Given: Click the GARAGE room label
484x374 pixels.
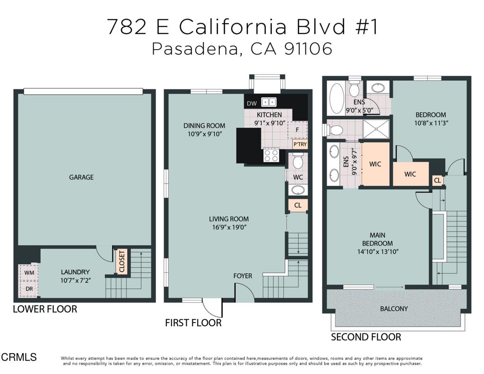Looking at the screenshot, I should pos(81,177).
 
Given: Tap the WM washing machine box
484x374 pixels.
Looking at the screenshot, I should pos(28,273).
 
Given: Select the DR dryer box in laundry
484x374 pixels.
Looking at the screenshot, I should pos(28,288).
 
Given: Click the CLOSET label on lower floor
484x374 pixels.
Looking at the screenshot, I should pos(122,261).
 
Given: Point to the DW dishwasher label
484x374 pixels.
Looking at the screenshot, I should pos(251,103).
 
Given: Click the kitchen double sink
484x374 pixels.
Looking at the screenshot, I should pos(269,102).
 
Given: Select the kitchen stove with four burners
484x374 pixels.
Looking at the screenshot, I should pos(271,155).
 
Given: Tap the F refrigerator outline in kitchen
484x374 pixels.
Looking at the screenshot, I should pos(297,129).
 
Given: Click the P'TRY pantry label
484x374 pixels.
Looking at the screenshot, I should pos(299,144).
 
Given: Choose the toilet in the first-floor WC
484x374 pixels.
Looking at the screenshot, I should pos(298,162).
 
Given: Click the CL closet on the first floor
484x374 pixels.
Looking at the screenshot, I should pos(298,205).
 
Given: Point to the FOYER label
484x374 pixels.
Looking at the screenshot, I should pos(242,276).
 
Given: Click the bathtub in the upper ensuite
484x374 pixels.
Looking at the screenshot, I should pos(336,98).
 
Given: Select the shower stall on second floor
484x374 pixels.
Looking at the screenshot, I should pos(376,129).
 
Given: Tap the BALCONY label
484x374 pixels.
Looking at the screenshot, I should pos(394,309).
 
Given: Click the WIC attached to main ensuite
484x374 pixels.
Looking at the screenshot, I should pos(375,164).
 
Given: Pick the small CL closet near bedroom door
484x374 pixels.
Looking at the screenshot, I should pos(437,180).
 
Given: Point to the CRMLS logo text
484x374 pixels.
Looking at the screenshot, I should pos(19,357).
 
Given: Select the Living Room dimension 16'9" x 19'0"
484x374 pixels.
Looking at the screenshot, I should pos(229,227).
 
